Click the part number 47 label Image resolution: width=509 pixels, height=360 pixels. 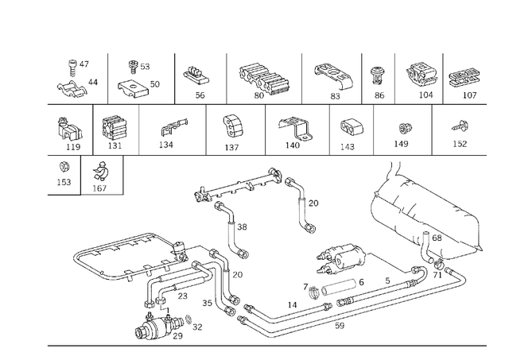(84, 64)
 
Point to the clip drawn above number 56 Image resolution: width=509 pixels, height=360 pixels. (193, 75)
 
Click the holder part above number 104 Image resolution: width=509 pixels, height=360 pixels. (422, 74)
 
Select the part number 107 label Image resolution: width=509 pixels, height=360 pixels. (468, 95)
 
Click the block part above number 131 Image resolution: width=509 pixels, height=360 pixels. (115, 128)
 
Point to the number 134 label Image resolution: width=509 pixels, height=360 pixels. (165, 145)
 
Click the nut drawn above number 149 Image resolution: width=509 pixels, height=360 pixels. (402, 128)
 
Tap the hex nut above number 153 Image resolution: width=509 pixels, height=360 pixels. (64, 167)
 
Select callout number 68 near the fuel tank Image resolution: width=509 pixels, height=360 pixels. (437, 238)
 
